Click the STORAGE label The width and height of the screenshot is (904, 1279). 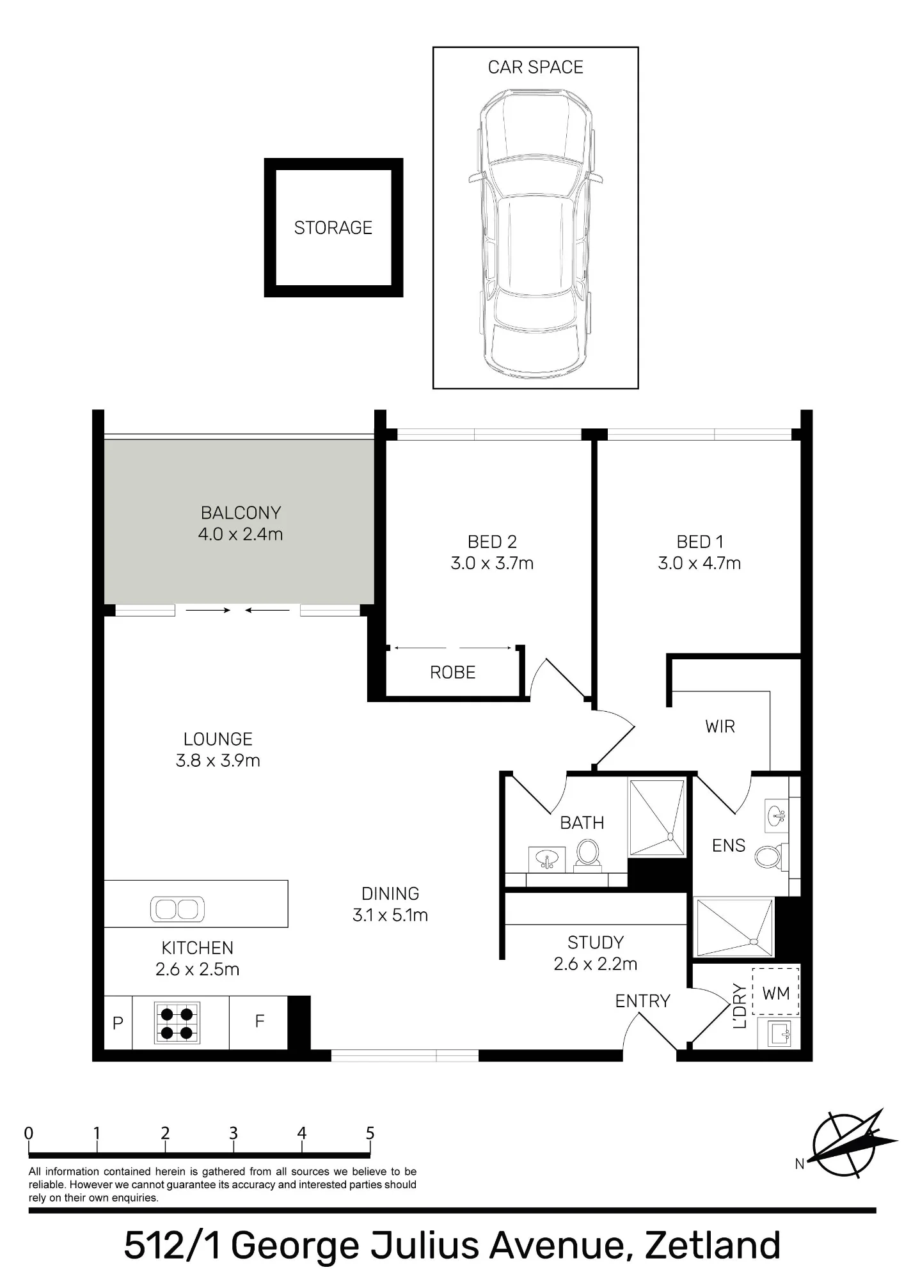coord(333,228)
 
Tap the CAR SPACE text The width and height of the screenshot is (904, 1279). coord(535,67)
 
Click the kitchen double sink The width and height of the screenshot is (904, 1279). coord(177,909)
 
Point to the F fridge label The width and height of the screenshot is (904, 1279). coord(259,1021)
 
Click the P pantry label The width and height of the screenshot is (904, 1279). coord(118,1023)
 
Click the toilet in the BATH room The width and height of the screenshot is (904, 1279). coord(588,855)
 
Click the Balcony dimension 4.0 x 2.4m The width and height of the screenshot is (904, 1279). coord(241,534)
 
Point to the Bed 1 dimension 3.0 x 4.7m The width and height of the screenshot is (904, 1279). coord(699,563)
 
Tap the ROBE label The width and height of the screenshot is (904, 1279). coord(453,673)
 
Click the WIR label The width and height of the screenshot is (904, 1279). coord(720,726)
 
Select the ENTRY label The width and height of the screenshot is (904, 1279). coord(642,1001)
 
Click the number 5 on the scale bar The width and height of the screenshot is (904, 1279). coord(370,1134)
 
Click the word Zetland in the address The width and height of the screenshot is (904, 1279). coord(713,1245)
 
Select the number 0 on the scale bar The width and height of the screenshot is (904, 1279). coord(29,1134)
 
